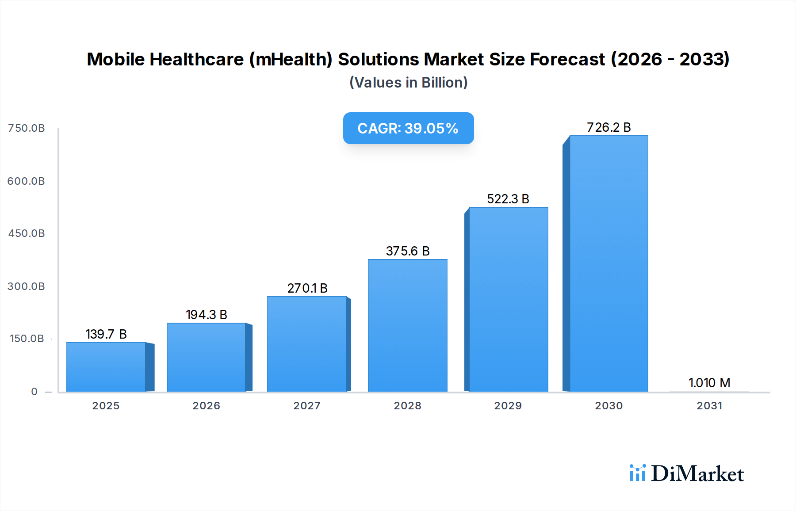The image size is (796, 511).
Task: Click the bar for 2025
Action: [106, 367]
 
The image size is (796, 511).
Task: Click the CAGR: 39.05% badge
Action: [408, 128]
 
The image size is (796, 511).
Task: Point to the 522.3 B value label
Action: [508, 199]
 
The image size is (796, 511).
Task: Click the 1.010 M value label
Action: [709, 383]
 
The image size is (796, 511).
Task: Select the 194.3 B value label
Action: [206, 315]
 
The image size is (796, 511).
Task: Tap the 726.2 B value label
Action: [608, 127]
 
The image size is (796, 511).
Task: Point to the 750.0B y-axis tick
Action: [27, 128]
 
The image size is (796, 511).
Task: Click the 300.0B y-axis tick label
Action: [26, 286]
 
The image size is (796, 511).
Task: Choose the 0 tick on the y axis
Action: [34, 392]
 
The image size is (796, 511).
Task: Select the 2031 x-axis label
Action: [709, 406]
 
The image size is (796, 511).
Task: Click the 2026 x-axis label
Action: [206, 406]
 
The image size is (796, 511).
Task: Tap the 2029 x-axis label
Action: [508, 406]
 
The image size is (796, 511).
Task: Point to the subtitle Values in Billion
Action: [408, 83]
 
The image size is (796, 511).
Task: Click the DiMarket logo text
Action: [697, 474]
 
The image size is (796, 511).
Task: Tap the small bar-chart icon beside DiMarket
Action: [637, 473]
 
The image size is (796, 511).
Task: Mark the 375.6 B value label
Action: [407, 251]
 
